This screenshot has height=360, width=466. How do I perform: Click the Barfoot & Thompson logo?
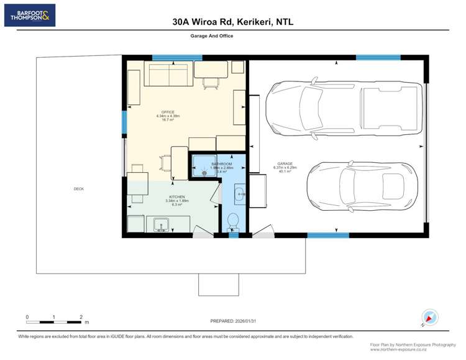(29, 15)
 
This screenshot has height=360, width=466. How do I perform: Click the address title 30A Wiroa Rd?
(233, 22)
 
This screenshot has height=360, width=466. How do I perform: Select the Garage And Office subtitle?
(212, 36)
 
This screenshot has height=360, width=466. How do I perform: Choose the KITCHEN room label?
(175, 200)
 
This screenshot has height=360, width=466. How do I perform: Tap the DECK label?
(78, 189)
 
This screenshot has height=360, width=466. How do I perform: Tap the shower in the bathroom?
(204, 166)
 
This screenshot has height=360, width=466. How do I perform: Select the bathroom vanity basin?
(240, 194)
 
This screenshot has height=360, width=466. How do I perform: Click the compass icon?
(429, 317)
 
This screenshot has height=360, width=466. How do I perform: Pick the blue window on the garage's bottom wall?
(328, 235)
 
